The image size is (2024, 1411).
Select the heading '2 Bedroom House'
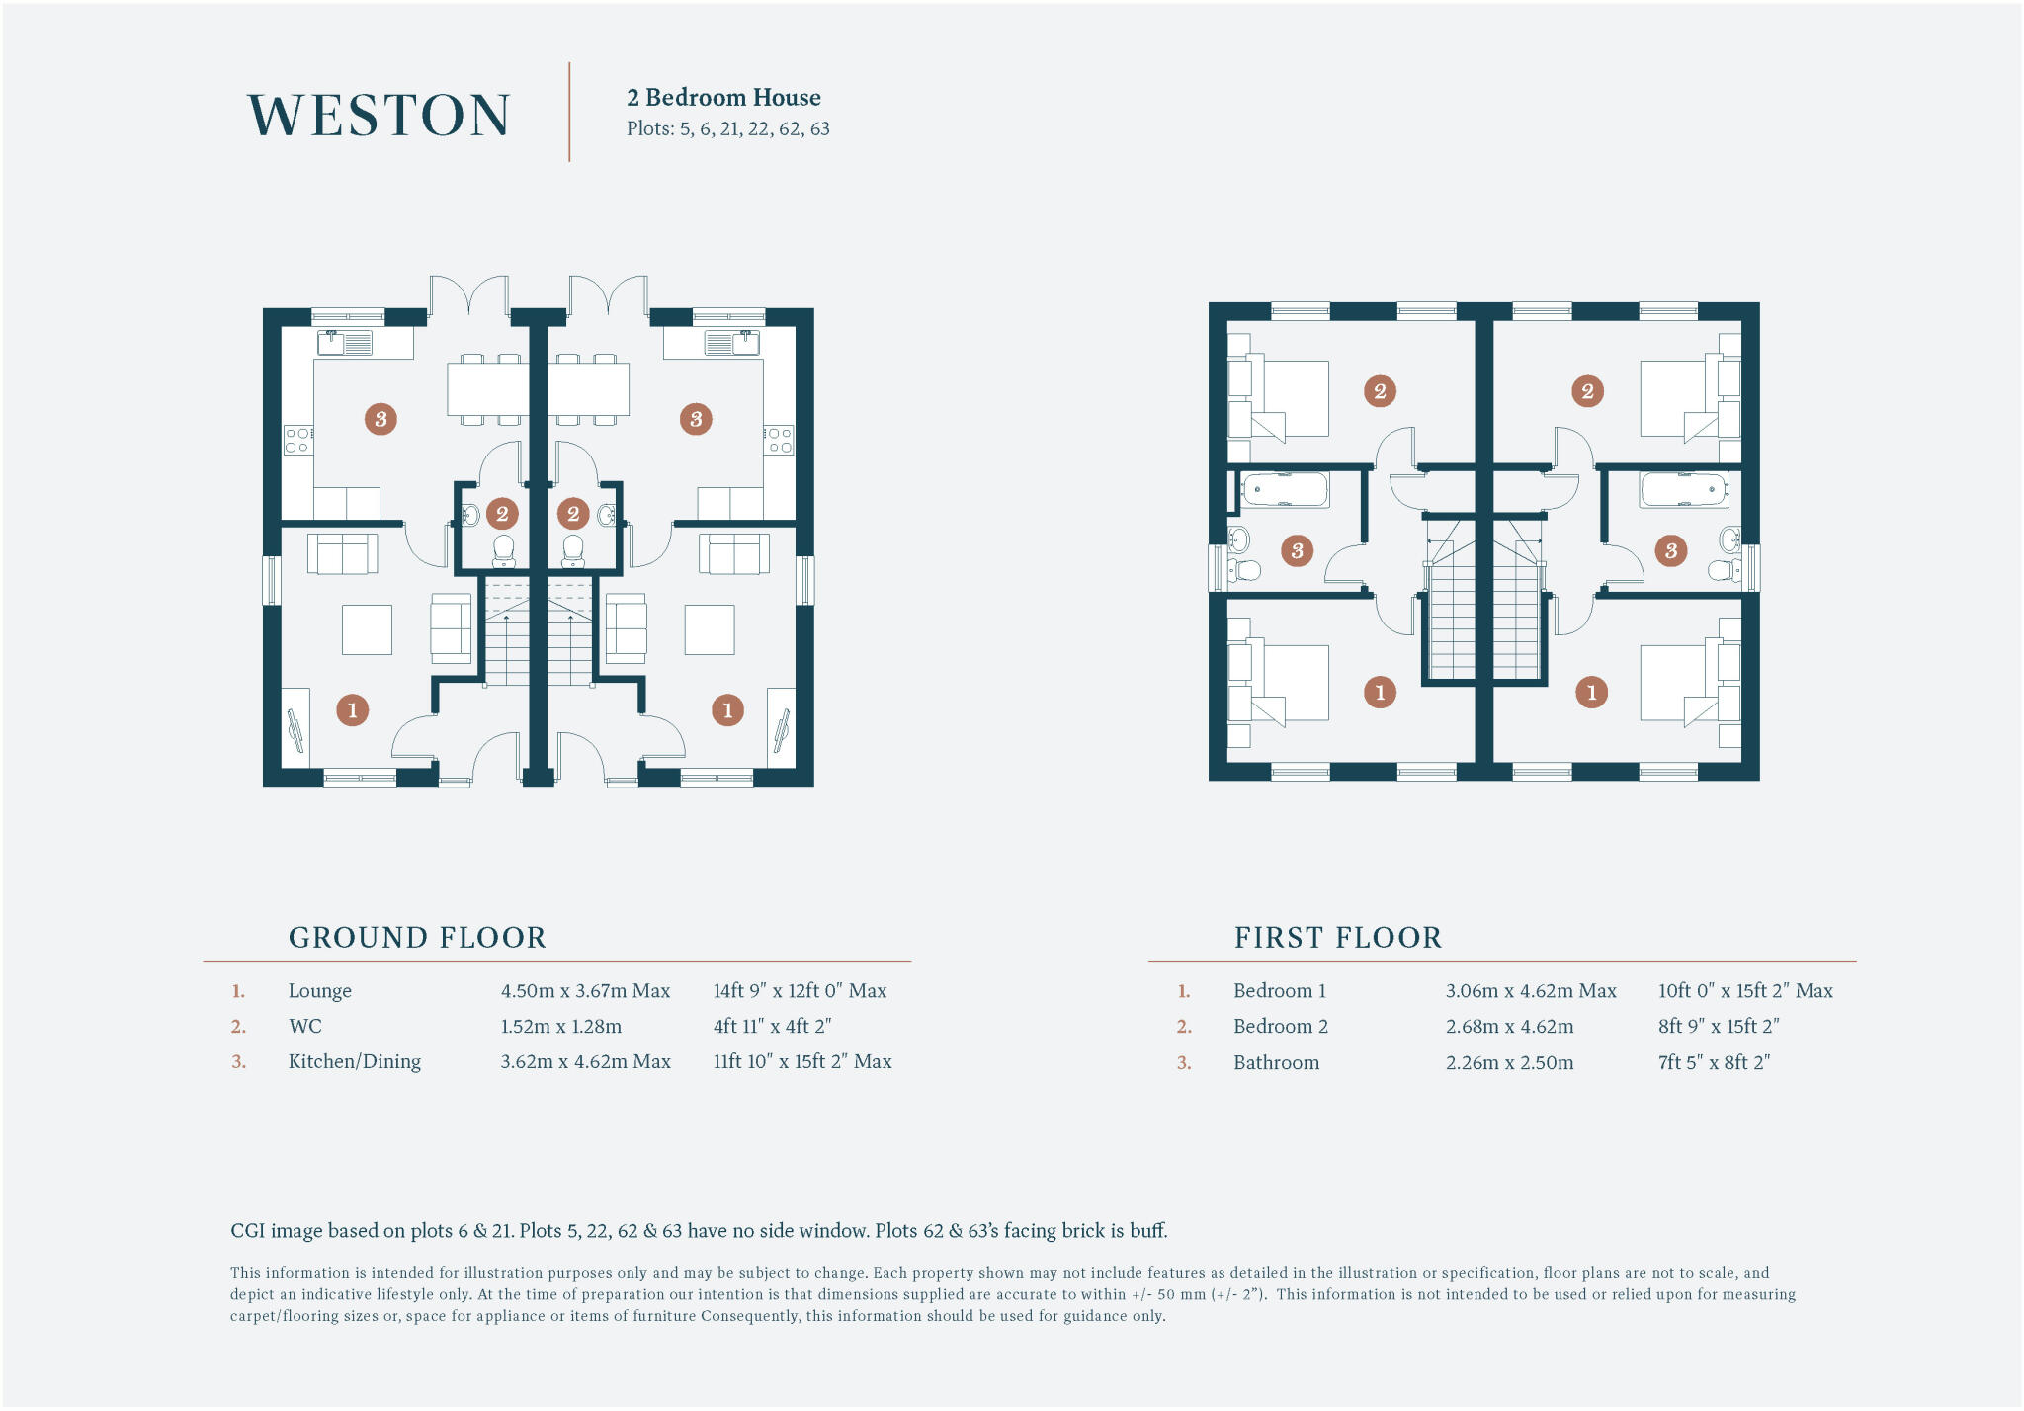click(x=723, y=97)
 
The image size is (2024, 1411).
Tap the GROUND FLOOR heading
click(x=417, y=937)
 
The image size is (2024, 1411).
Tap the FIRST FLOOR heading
click(x=1337, y=937)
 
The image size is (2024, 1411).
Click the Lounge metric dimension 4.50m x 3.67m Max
click(x=585, y=990)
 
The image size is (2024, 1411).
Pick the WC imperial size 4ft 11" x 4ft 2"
click(x=772, y=1026)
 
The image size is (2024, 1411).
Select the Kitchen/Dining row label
click(x=354, y=1061)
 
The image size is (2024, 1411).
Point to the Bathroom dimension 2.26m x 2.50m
click(x=1509, y=1062)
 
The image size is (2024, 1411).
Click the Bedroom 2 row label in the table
click(x=1280, y=1026)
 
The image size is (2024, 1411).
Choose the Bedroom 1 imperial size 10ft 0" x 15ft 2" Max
click(x=1744, y=990)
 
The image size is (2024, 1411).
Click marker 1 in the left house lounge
click(x=353, y=709)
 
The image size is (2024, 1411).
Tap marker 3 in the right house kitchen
click(x=696, y=419)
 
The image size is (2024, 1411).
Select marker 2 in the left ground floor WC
click(x=502, y=513)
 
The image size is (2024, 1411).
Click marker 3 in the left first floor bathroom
click(x=1297, y=550)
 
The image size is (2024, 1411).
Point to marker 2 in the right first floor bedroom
click(x=1587, y=390)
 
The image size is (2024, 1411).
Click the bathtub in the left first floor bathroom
click(x=1285, y=489)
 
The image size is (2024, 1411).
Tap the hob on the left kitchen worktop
click(x=298, y=441)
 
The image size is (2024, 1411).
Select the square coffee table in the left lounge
click(x=367, y=629)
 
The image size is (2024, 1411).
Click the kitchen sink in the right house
click(x=732, y=343)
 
